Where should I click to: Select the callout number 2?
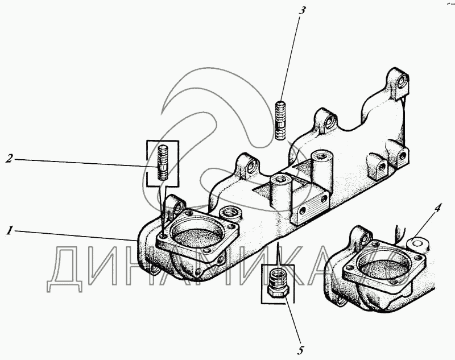pyautogui.click(x=9, y=159)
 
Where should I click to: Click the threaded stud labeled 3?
pyautogui.click(x=282, y=119)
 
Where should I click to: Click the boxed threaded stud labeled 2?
pyautogui.click(x=163, y=163)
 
